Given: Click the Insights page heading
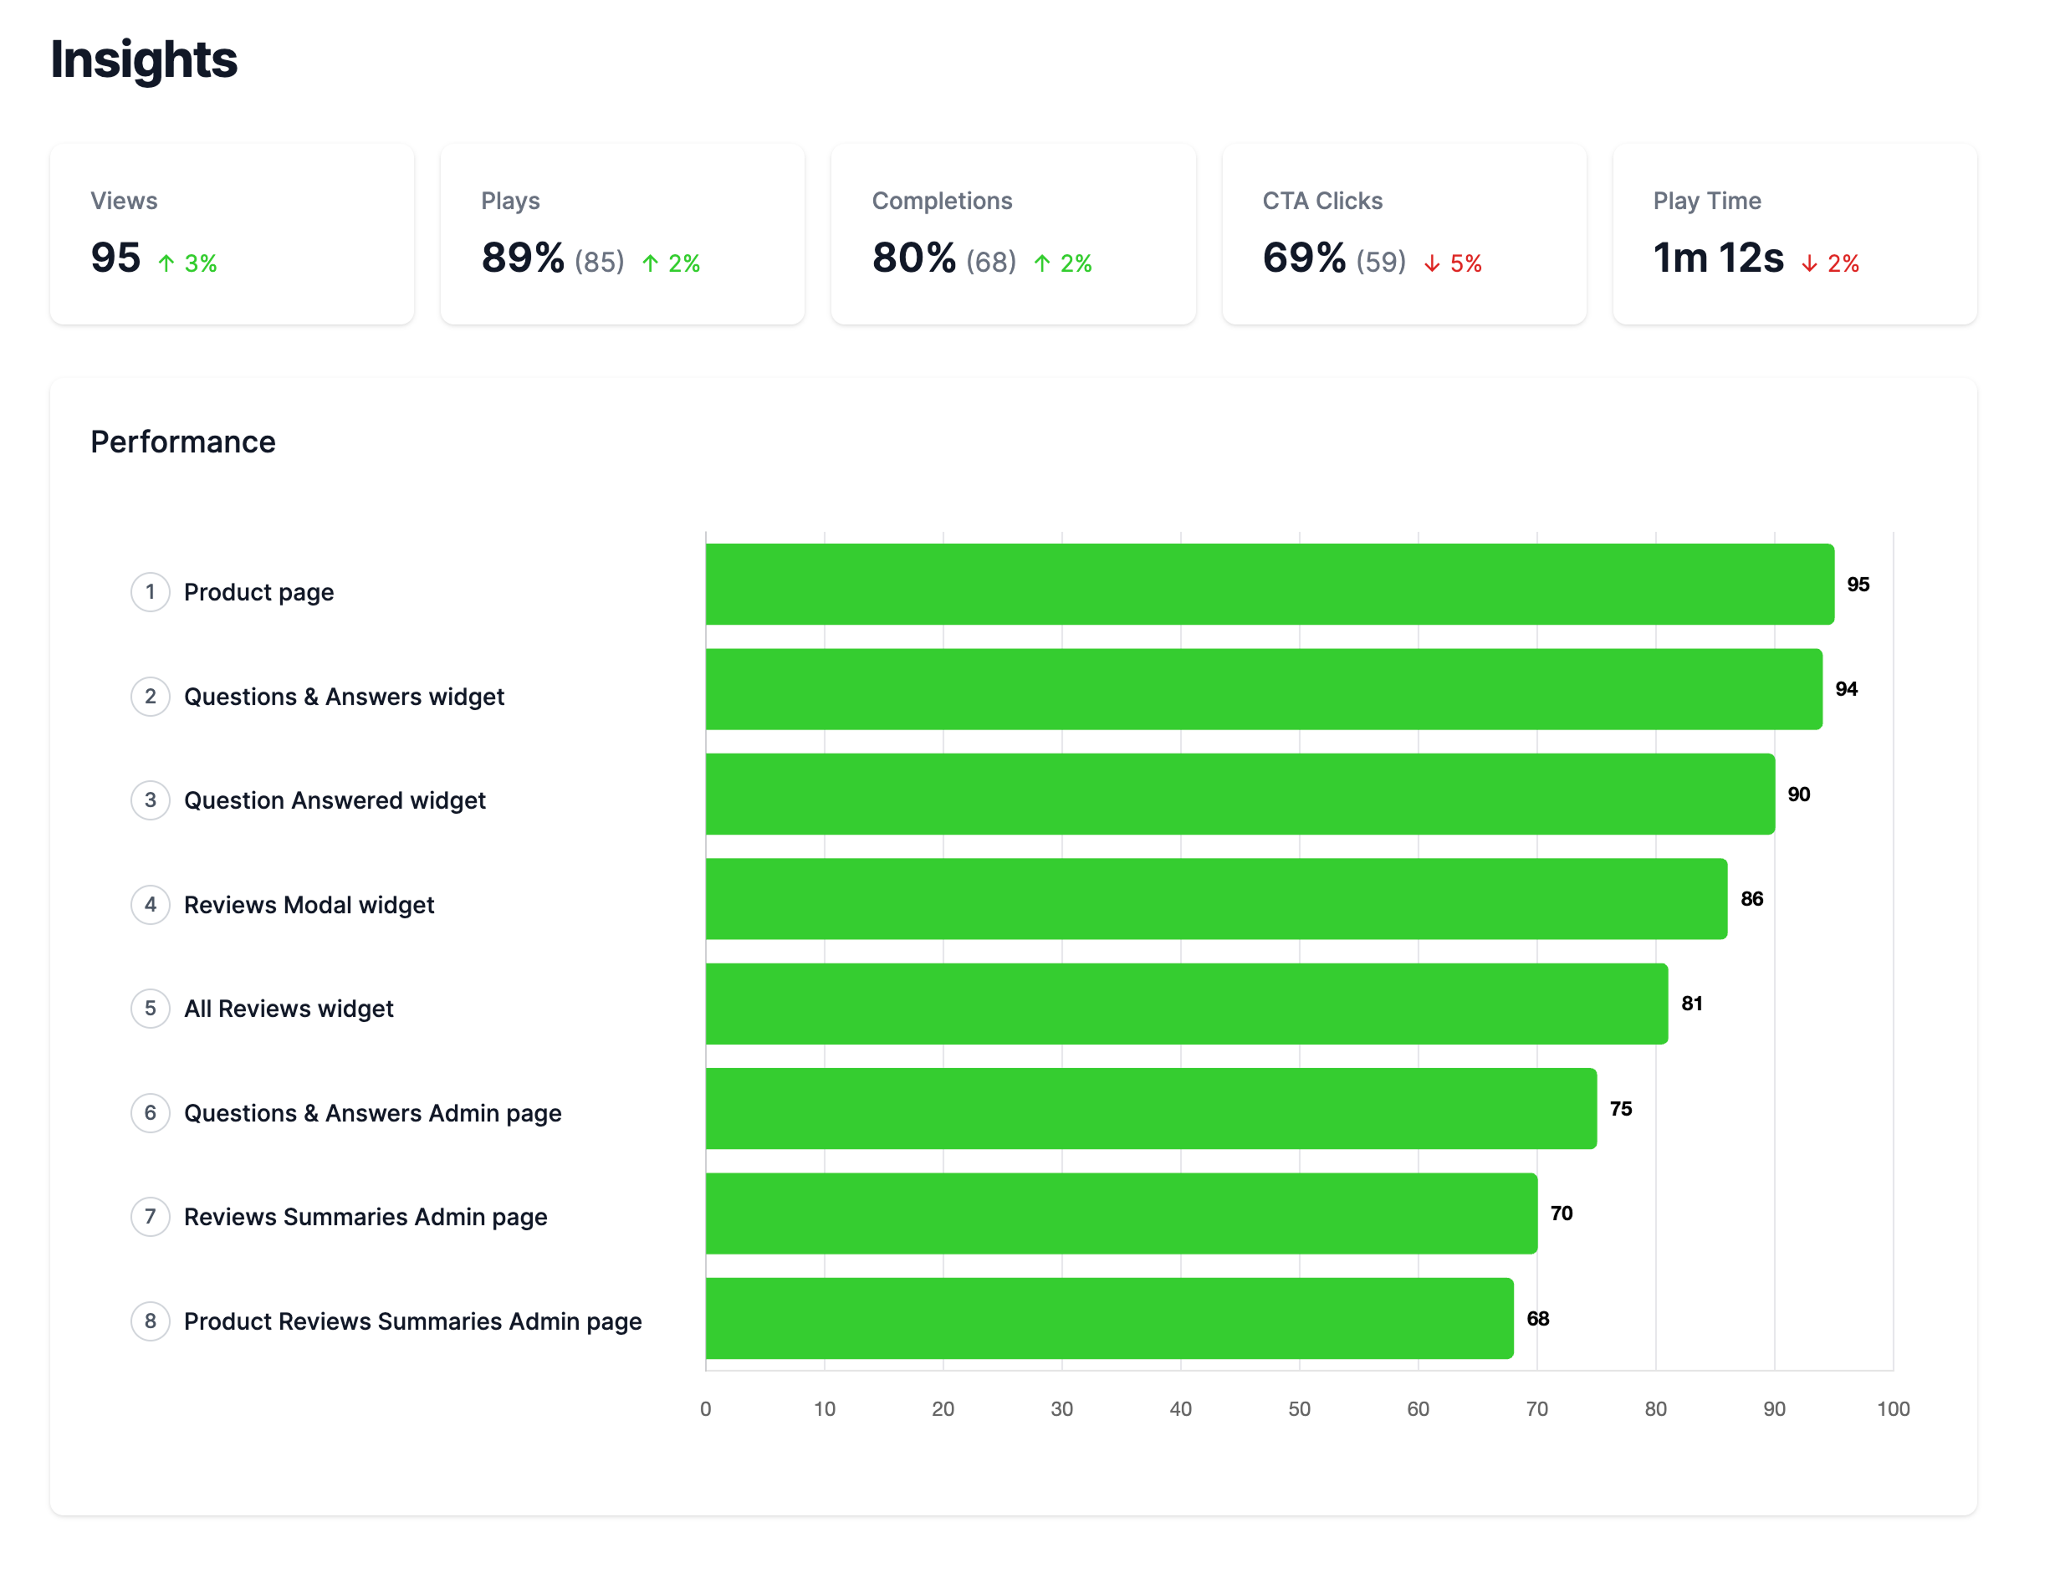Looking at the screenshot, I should [x=144, y=59].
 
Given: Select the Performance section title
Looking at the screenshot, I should [x=182, y=442].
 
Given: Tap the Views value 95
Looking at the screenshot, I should [x=115, y=258].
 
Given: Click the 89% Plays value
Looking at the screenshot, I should [x=522, y=258].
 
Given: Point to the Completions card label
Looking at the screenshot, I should [x=942, y=201].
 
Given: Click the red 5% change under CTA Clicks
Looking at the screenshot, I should [x=1454, y=263].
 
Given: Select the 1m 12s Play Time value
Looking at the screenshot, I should [x=1718, y=258].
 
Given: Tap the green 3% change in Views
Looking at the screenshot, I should [x=189, y=263].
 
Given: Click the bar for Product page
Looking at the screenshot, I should [x=1270, y=585].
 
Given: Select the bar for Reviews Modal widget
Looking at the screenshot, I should [x=1216, y=898].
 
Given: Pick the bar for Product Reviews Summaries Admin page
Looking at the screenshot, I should [x=1109, y=1318].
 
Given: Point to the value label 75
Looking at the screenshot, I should [x=1620, y=1108].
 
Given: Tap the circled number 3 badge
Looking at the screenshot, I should [x=151, y=800].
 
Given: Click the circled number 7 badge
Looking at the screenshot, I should [x=151, y=1217].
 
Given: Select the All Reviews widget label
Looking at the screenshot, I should [x=288, y=1009].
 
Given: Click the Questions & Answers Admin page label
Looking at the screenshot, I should [x=373, y=1113].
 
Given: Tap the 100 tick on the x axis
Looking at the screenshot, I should [x=1892, y=1408].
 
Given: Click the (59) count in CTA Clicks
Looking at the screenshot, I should [x=1380, y=262].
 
